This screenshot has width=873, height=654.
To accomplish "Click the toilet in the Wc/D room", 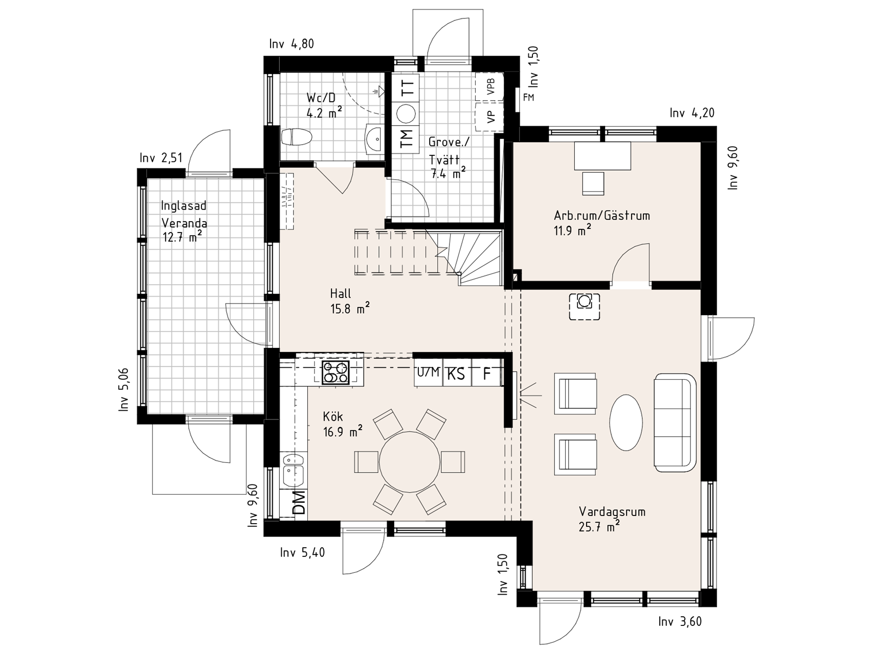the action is pos(296,136).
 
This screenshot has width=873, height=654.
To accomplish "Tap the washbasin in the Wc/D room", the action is pos(375,137).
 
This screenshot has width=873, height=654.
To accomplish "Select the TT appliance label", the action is pos(408,87).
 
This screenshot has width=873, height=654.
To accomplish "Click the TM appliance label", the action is pos(407,138).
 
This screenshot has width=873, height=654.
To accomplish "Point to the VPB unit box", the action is pos(490,87).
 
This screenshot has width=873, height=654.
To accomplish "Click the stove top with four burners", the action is pos(335,372).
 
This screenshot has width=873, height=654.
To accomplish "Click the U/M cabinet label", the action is pos(428,372).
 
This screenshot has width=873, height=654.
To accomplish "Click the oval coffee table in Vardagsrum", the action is pos(626,422).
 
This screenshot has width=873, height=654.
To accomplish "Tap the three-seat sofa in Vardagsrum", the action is pos(675,422).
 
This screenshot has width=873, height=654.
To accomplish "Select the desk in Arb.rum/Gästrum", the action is pos(602,156).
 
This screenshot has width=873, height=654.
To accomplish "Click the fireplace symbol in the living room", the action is pos(584,307).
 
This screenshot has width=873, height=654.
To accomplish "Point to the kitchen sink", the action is pos(293,470).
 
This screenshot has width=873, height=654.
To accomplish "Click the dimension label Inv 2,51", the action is pos(161,158).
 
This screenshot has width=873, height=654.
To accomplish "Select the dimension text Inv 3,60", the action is pos(680,621).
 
